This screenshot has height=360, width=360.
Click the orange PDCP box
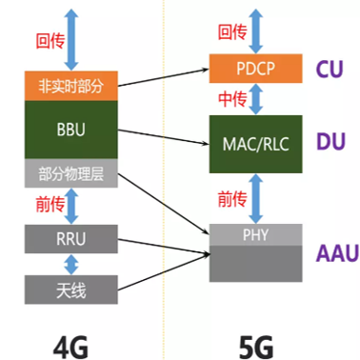tap(255, 69)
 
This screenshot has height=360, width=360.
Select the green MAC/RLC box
tap(255, 144)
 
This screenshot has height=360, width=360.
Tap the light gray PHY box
tap(255, 234)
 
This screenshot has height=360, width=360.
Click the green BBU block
tap(71, 130)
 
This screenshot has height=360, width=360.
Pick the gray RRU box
tap(71, 239)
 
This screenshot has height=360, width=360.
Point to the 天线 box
tap(71, 290)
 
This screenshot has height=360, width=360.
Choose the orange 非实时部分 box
tap(71, 86)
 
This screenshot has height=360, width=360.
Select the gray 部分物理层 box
tap(71, 173)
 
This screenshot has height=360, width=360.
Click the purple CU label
tap(330, 69)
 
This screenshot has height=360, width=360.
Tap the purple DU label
tap(330, 141)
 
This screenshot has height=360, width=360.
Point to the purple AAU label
tap(337, 253)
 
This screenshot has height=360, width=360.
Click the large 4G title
tap(70, 348)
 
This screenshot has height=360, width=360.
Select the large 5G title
tap(256, 348)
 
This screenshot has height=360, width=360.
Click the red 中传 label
tap(232, 99)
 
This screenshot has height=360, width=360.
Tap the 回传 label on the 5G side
tap(232, 32)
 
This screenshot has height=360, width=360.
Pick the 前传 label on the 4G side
tap(50, 204)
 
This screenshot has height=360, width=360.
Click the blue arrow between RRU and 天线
tap(71, 264)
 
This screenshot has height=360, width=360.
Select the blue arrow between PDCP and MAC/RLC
tap(255, 99)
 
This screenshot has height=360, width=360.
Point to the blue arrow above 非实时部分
tap(71, 40)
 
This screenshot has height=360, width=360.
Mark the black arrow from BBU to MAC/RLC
tap(164, 137)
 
